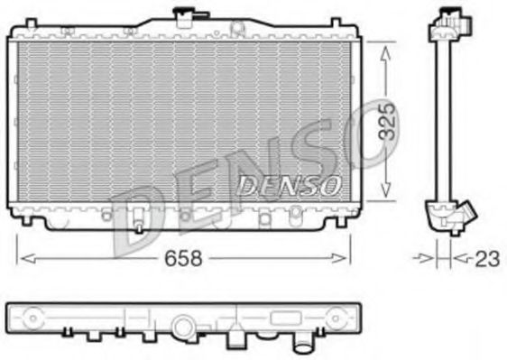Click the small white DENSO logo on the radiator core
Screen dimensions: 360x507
point(290,186)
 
